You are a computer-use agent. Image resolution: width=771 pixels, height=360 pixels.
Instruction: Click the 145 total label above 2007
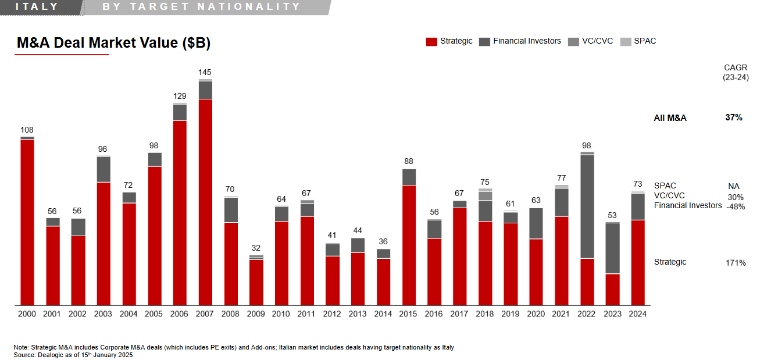[205, 73]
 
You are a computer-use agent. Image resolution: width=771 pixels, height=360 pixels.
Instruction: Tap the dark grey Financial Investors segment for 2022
[587, 206]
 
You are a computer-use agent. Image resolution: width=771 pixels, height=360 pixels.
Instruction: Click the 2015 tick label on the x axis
[408, 314]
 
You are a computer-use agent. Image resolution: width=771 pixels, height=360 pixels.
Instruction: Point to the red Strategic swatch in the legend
[431, 41]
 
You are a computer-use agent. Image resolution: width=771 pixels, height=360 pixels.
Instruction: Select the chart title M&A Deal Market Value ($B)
[113, 43]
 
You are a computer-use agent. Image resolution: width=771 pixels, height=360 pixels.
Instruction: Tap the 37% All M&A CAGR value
[734, 117]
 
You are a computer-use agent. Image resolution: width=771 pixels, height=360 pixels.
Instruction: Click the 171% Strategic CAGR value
[736, 263]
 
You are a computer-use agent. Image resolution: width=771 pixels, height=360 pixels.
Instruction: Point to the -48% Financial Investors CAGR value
[736, 206]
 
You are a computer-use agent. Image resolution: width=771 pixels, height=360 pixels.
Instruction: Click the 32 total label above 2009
[256, 248]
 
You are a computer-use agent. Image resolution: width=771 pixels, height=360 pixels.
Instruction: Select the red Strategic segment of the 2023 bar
[612, 289]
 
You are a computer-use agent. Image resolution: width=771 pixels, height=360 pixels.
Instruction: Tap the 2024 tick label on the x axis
[637, 314]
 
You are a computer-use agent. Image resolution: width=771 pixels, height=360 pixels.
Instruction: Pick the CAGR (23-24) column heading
[736, 73]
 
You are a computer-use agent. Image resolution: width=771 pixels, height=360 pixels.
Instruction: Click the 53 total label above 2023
[612, 216]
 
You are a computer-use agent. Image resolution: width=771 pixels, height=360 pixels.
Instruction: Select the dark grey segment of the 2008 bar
[231, 210]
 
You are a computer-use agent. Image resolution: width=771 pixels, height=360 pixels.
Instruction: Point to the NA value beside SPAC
[734, 186]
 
